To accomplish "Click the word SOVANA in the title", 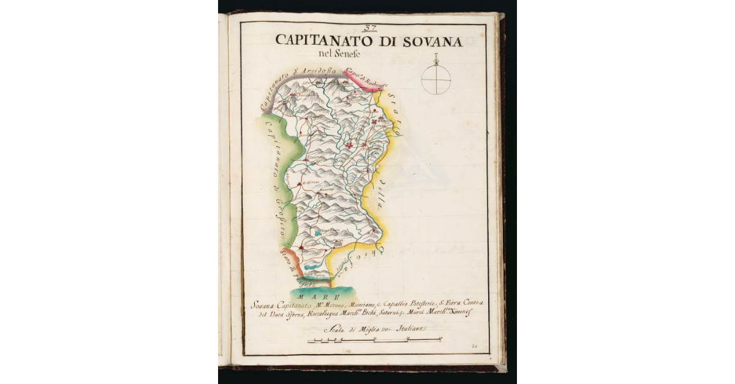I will (428, 41).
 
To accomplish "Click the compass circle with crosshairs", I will (436, 80).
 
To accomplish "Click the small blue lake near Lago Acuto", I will (318, 233).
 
